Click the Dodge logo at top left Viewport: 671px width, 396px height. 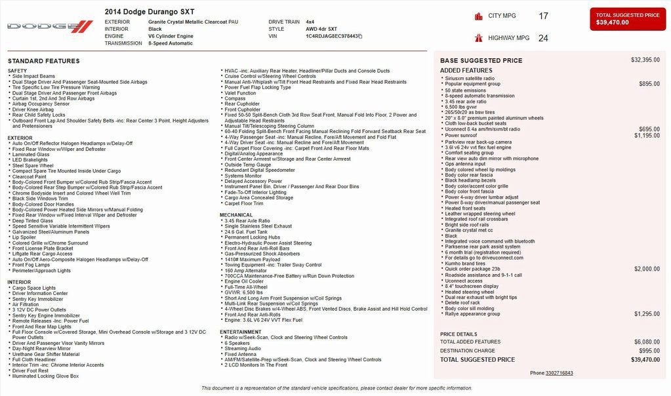pyautogui.click(x=50, y=26)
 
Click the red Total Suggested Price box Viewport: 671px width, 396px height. pyautogui.click(x=628, y=19)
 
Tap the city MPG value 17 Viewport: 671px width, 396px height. pyautogui.click(x=543, y=16)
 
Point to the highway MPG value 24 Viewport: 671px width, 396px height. pyautogui.click(x=543, y=38)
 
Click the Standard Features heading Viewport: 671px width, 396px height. pyautogui.click(x=44, y=61)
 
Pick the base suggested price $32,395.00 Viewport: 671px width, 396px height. pyautogui.click(x=645, y=60)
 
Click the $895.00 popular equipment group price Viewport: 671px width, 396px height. pyautogui.click(x=649, y=84)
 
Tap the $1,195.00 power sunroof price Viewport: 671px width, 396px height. pyautogui.click(x=647, y=135)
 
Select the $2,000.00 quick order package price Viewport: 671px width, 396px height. pyautogui.click(x=647, y=269)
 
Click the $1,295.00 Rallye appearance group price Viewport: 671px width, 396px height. pyautogui.click(x=647, y=314)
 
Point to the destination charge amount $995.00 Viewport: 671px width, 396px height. pyautogui.click(x=649, y=351)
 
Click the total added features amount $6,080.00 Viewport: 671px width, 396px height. pyautogui.click(x=647, y=342)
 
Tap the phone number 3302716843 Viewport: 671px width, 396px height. pyautogui.click(x=559, y=373)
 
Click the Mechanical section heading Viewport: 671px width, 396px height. pyautogui.click(x=236, y=214)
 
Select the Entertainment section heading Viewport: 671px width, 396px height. pyautogui.click(x=241, y=332)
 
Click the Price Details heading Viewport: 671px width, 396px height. pyautogui.click(x=457, y=334)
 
